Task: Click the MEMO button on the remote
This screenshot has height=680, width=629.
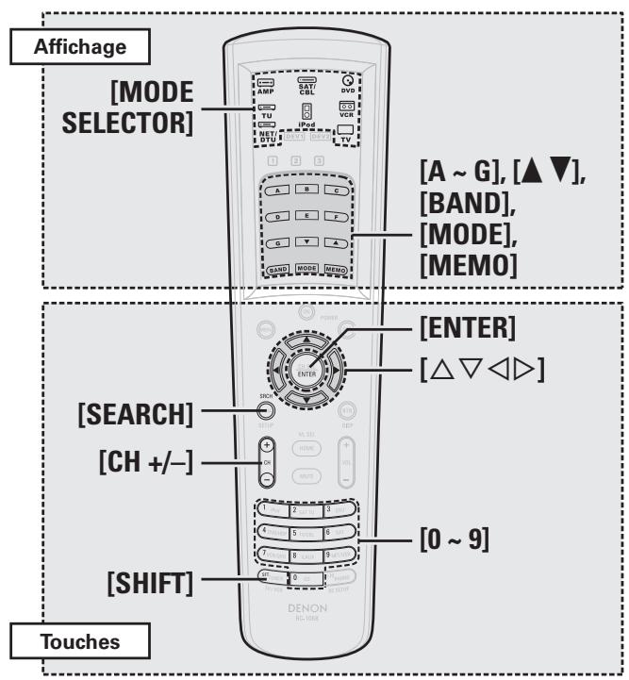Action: (x=338, y=268)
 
